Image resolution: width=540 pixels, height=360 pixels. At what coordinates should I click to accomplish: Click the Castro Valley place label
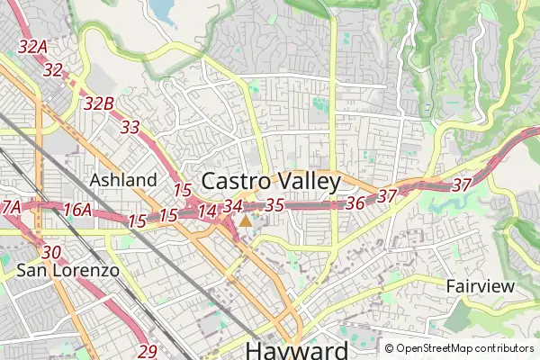(271, 181)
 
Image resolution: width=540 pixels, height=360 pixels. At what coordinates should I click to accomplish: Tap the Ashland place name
(123, 180)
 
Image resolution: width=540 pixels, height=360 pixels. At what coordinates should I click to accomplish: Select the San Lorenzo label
(54, 269)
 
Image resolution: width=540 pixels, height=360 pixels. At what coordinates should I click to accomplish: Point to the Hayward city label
(296, 350)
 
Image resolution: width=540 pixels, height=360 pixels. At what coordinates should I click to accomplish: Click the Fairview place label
(481, 286)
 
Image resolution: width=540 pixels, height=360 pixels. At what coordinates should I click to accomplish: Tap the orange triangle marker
(247, 219)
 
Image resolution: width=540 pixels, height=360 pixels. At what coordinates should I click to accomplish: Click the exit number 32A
(31, 47)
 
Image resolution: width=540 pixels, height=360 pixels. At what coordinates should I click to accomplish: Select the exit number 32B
(98, 103)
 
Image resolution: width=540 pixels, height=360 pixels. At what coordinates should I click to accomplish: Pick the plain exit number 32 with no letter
(52, 69)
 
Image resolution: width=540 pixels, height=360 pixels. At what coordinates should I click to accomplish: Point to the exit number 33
(130, 127)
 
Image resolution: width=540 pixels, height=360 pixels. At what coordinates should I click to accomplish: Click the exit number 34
(233, 206)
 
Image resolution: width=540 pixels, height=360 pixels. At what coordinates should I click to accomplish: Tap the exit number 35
(275, 205)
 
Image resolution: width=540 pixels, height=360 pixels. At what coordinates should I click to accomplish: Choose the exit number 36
(355, 203)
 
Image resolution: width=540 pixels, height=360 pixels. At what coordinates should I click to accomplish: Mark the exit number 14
(207, 211)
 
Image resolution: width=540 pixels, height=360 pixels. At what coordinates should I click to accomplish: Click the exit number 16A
(77, 210)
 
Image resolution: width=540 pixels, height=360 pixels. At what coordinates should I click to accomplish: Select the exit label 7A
(10, 207)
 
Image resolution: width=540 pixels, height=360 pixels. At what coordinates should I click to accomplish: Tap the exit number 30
(51, 252)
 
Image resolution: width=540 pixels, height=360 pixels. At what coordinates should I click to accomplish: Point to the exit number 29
(148, 351)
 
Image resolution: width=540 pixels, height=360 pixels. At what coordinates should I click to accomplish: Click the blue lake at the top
(163, 9)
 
